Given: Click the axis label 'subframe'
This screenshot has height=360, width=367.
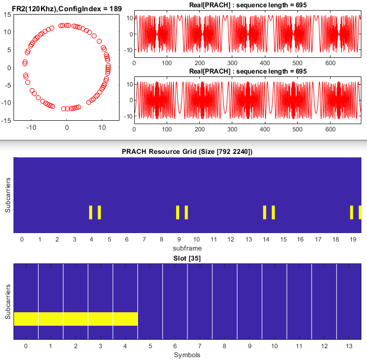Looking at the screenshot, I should point(187,248).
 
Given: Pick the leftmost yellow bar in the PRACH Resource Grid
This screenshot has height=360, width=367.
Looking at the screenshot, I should point(90,212).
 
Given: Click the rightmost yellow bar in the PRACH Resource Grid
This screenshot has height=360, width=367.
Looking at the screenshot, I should point(360,212).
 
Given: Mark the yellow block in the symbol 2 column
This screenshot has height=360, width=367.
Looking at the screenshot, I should point(76,318).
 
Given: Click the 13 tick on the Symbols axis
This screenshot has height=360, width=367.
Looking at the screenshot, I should point(348,347).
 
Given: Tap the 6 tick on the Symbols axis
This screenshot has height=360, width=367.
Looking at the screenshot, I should point(175,347).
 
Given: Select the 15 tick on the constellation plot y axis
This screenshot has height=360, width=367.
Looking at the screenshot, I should point(7,15).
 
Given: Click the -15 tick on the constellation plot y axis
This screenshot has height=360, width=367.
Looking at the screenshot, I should point(6,121).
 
